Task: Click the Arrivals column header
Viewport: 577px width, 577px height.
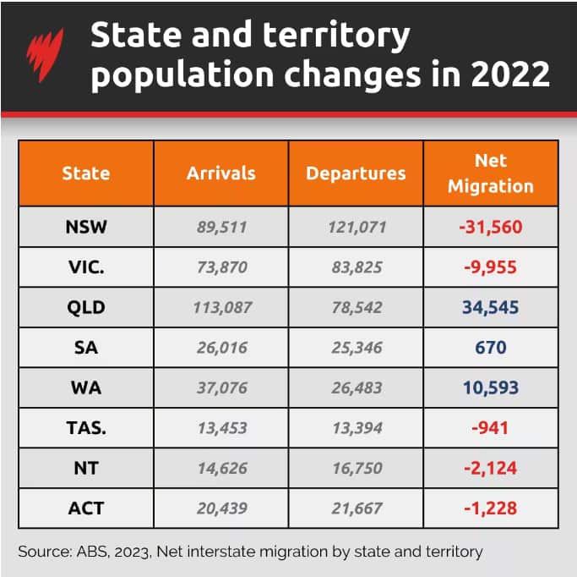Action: [x=220, y=173]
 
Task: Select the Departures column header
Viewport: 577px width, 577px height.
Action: [x=356, y=173]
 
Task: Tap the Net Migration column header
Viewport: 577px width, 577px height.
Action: [x=491, y=173]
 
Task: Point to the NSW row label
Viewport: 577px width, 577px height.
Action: [x=85, y=227]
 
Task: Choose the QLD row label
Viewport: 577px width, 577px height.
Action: [x=85, y=307]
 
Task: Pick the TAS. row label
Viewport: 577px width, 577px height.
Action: [x=85, y=428]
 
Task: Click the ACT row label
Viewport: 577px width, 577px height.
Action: [x=85, y=508]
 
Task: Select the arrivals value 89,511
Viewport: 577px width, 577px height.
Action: [x=220, y=227]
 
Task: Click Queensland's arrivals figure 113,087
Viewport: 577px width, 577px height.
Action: [x=220, y=307]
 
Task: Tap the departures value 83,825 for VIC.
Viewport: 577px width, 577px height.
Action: [x=356, y=267]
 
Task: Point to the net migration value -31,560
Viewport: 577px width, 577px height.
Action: [x=491, y=227]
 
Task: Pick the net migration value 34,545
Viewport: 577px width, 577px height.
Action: [x=491, y=307]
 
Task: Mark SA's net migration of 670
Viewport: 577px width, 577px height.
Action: [x=491, y=348]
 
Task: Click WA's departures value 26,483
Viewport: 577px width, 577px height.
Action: [x=356, y=388]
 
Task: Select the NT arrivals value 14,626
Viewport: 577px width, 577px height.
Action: [x=220, y=469]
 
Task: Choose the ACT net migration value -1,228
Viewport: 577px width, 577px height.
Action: [x=491, y=508]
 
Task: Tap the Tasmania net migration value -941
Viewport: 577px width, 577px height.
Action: [x=491, y=428]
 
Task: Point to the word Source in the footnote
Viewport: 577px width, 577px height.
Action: [x=42, y=552]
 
